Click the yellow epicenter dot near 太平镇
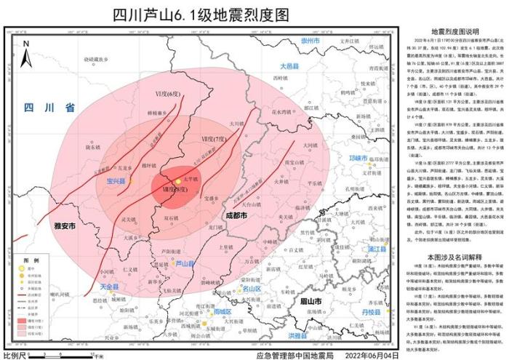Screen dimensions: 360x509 tap(178, 180)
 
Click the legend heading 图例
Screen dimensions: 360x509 tap(31, 259)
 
